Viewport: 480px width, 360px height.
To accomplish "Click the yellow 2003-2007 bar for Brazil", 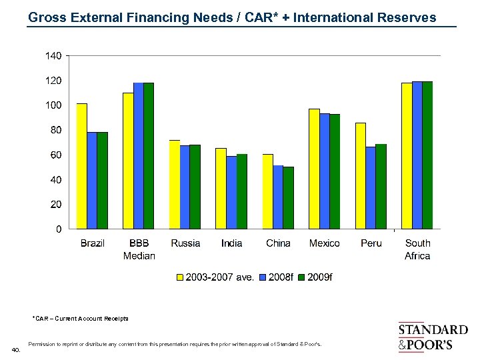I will [82, 166].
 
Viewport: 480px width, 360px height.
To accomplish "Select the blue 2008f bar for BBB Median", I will [139, 155].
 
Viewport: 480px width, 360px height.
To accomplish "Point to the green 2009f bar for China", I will [288, 197].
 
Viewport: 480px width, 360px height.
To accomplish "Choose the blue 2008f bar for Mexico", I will [325, 171].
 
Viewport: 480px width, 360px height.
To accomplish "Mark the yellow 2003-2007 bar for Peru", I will [361, 175].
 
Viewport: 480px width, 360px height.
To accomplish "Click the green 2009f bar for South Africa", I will [427, 155].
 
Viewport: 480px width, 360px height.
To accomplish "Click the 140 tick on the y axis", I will [53, 56].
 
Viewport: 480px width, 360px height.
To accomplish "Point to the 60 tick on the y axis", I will [56, 155].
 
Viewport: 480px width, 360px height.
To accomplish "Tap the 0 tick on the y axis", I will [59, 229].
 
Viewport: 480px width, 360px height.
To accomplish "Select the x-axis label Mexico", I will [324, 243].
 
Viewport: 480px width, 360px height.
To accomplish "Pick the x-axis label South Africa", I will [417, 249].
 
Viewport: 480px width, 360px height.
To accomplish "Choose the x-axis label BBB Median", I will [139, 249].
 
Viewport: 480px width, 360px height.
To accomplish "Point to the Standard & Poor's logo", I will [433, 337].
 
